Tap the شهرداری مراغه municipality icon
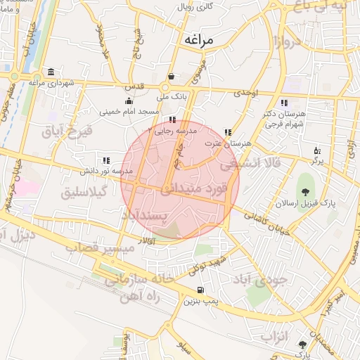pyautogui.click(x=51, y=72)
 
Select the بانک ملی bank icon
pyautogui.click(x=171, y=77)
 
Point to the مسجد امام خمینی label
pyautogui.click(x=129, y=111)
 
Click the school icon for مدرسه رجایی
pyautogui.click(x=173, y=120)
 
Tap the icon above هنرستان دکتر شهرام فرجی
pyautogui.click(x=283, y=103)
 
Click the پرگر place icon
pyautogui.click(x=318, y=150)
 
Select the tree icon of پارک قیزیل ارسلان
pyautogui.click(x=306, y=192)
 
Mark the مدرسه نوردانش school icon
pyautogui.click(x=105, y=161)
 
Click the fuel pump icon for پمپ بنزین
pyautogui.click(x=201, y=290)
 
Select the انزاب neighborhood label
pyautogui.click(x=275, y=336)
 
